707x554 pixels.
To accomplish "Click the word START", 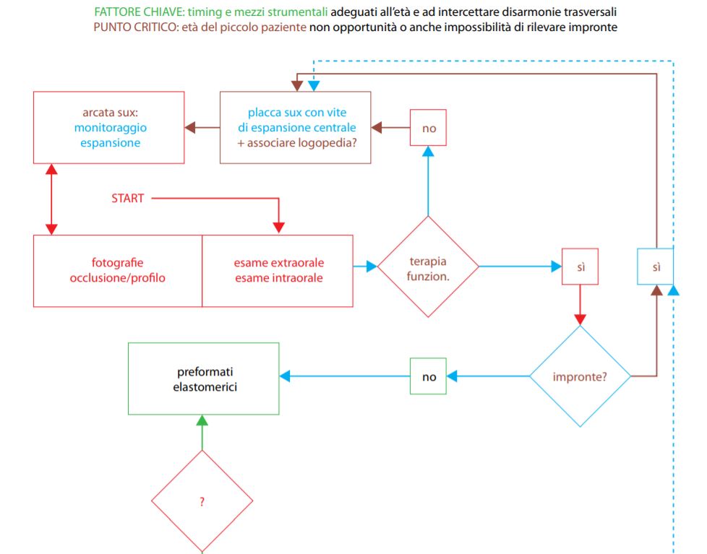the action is [128, 198].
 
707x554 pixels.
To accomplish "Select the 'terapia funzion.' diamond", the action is [428, 267].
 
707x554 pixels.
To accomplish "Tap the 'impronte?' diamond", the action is [580, 376].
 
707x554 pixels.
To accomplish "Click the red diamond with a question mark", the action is [202, 501].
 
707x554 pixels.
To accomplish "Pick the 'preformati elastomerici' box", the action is [204, 378].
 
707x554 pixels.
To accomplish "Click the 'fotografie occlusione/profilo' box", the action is [118, 271].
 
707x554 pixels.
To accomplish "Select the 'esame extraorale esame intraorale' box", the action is [278, 271].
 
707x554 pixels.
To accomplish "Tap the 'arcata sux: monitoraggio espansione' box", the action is [108, 127].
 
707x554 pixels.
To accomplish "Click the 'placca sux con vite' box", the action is [296, 127].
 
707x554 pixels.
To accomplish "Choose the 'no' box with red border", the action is [429, 127].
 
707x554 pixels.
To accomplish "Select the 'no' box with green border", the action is [429, 376].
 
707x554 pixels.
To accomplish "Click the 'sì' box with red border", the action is [580, 267].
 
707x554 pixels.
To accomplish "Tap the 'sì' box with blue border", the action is [656, 267].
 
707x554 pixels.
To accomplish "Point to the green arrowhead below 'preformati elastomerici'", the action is [202, 420].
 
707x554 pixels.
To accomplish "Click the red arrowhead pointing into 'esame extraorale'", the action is [278, 228].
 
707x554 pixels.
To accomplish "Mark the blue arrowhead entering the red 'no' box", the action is [428, 152].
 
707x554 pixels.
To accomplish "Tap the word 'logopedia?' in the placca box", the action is [329, 143].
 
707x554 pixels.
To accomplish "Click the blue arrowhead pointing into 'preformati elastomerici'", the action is [285, 376].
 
